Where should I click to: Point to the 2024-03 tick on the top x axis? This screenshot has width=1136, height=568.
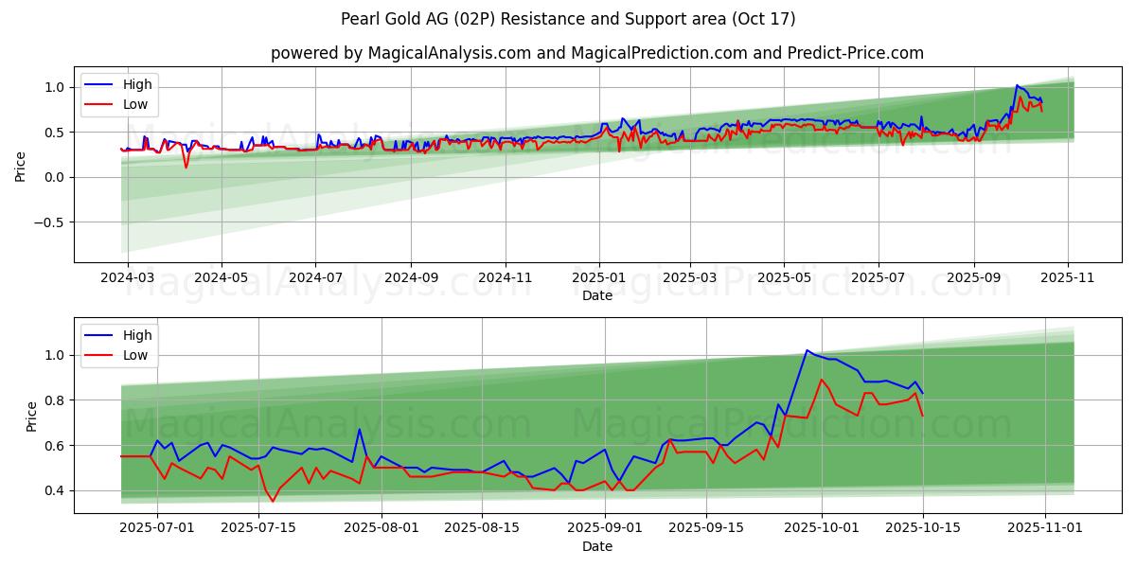pos(128,278)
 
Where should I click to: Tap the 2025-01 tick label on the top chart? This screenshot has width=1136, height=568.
pos(598,278)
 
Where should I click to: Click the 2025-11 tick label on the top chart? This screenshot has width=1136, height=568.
pos(1068,278)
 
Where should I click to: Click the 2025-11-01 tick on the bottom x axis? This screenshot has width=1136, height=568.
pos(1045,528)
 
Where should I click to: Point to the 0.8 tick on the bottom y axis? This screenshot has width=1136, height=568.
pos(56,400)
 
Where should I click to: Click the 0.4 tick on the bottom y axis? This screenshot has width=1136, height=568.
pos(56,490)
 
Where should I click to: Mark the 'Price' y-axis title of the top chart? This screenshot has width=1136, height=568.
pos(21,166)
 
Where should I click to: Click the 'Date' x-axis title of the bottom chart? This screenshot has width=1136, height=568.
pos(596,546)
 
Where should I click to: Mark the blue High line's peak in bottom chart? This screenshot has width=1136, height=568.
pos(807,350)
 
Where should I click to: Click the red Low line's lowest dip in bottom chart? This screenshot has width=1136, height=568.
pos(273,501)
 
